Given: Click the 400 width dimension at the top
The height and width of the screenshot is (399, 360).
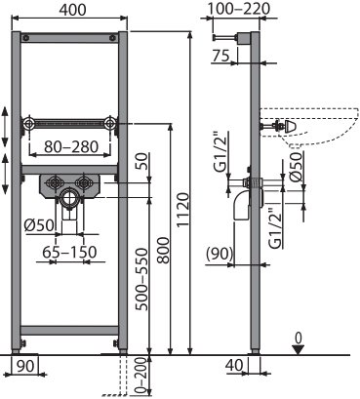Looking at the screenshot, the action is tap(72, 10).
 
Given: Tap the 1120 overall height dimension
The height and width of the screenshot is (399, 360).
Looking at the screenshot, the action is tap(183, 209).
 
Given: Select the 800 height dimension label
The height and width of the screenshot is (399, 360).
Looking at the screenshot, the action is tap(164, 250).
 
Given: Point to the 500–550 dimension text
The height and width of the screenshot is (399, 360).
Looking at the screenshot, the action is tap(142, 279).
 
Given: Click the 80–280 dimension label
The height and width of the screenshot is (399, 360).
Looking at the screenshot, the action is tap(71, 146).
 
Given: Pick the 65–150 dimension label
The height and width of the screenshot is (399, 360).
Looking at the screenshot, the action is tap(70, 252).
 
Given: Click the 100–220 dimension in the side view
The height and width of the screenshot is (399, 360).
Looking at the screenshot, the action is tap(238, 9).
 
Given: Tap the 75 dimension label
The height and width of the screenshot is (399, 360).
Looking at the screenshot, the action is tap(220, 56).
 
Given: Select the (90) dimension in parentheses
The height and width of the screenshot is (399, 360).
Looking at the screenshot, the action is tap(220, 254).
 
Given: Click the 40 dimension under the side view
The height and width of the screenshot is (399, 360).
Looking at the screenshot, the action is tap(234, 365).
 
